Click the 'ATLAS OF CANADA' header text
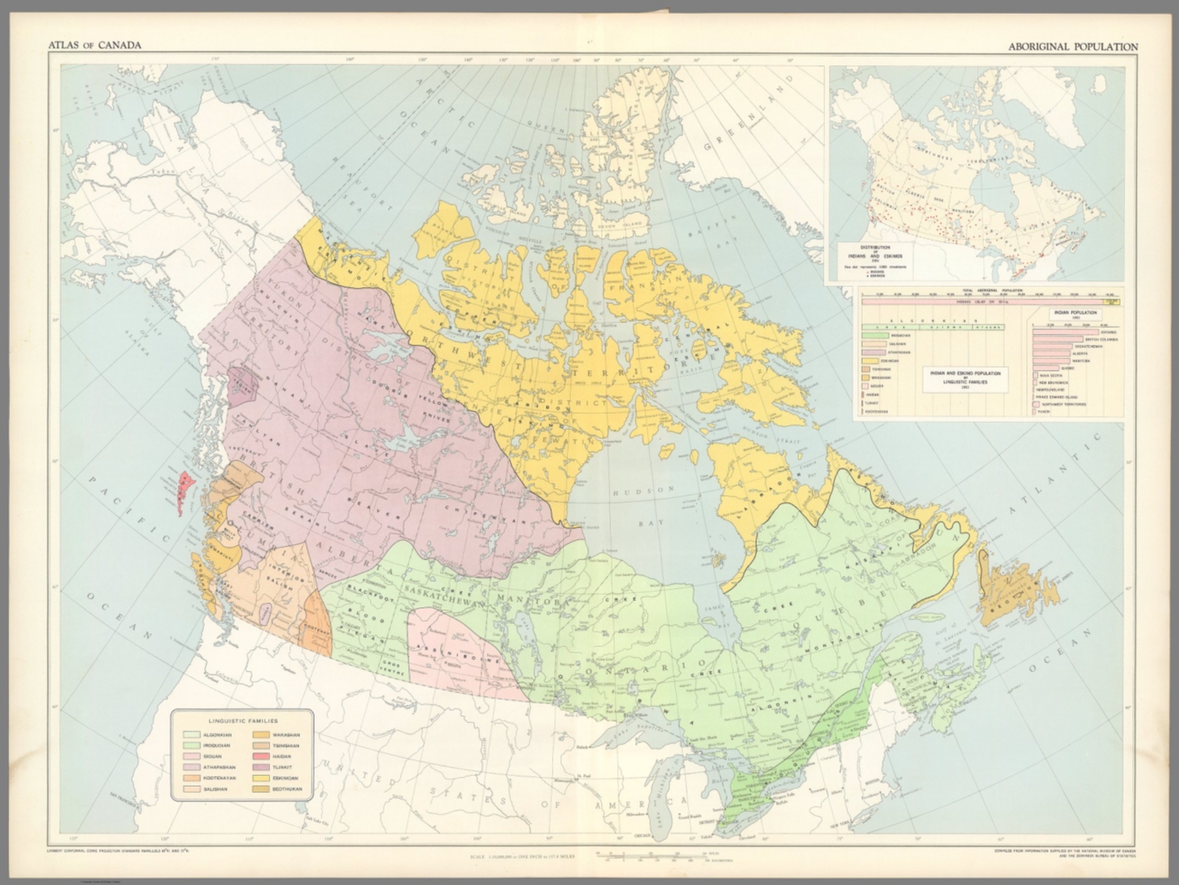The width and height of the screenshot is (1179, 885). click(94, 45)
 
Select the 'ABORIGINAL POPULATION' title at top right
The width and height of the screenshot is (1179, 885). click(1073, 47)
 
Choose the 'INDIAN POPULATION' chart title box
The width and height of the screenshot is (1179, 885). click(1075, 314)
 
